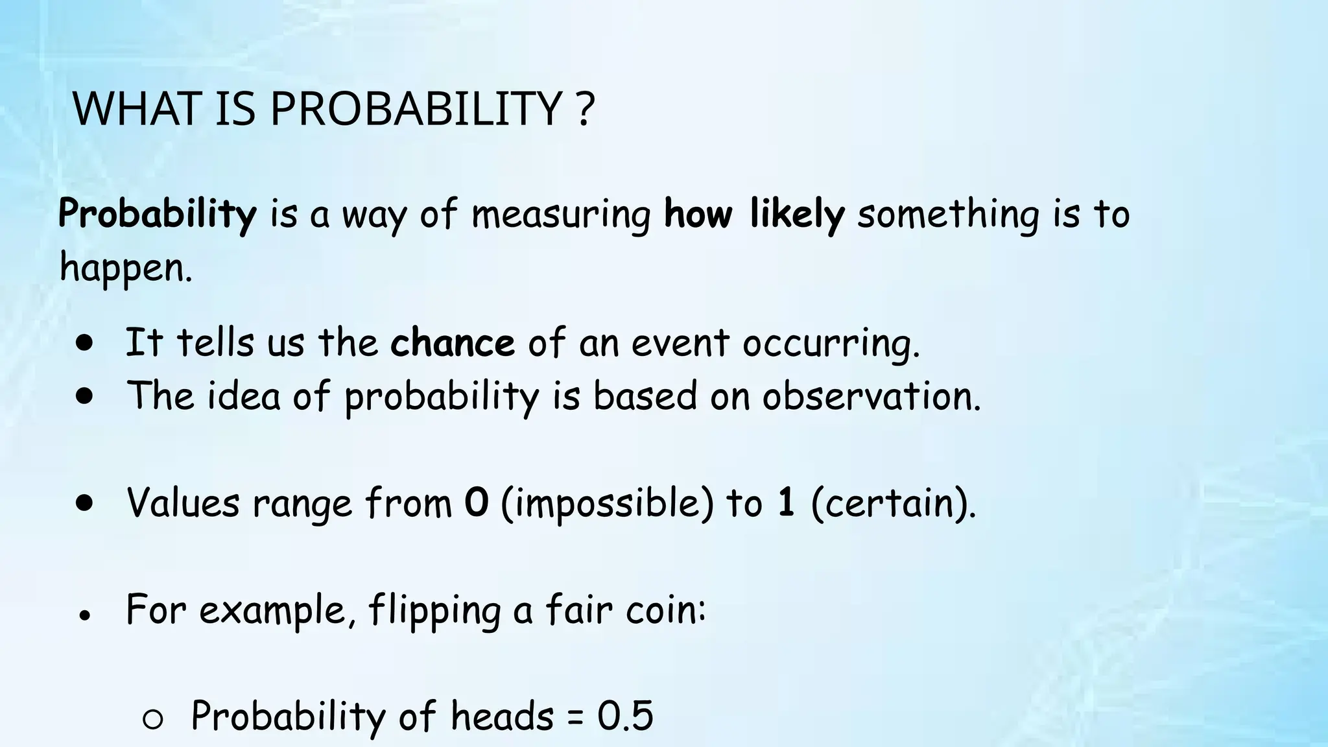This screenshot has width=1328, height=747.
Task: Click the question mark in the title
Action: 585,109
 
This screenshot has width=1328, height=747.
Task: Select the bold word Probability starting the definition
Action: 158,214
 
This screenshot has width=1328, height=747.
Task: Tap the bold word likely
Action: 797,214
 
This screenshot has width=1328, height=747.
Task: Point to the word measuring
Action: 561,215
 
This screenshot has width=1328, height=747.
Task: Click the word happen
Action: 125,267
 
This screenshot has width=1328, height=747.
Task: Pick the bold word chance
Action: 452,342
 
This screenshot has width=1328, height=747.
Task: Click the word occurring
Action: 831,344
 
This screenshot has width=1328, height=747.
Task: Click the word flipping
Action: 434,611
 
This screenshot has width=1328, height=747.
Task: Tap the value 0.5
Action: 625,716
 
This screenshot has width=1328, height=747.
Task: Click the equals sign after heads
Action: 575,717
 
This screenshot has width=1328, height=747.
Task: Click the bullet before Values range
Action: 84,503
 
